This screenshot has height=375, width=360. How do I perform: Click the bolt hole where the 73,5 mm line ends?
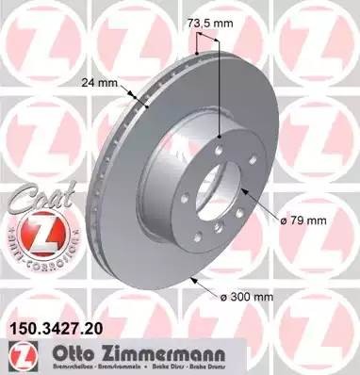220,139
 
